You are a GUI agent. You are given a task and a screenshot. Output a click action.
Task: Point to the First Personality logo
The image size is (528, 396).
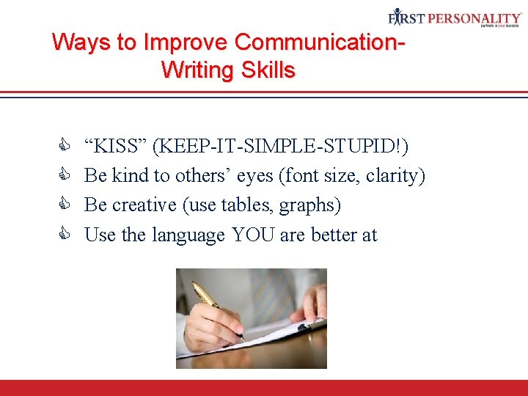455,18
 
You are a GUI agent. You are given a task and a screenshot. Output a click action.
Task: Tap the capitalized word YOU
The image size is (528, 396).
254,235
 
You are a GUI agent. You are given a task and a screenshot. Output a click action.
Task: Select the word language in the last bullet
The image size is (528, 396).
188,235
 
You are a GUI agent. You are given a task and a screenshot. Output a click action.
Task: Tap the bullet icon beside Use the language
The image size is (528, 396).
62,235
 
